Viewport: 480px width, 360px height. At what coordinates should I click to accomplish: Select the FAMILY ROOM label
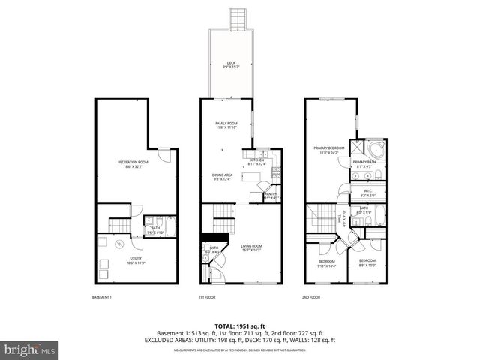[x=226, y=125]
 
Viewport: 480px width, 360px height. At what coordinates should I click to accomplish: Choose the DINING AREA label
[x=223, y=177]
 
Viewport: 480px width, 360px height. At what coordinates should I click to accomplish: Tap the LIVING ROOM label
[x=251, y=247]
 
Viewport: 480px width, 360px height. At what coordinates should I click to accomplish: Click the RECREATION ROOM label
[x=133, y=164]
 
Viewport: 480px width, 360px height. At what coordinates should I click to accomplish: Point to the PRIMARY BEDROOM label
[x=329, y=150]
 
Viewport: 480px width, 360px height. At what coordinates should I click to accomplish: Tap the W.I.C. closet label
[x=363, y=193]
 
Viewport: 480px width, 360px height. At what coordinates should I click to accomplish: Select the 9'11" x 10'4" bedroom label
[x=327, y=263]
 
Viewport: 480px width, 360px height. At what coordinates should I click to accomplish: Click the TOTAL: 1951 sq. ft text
[x=239, y=325]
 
